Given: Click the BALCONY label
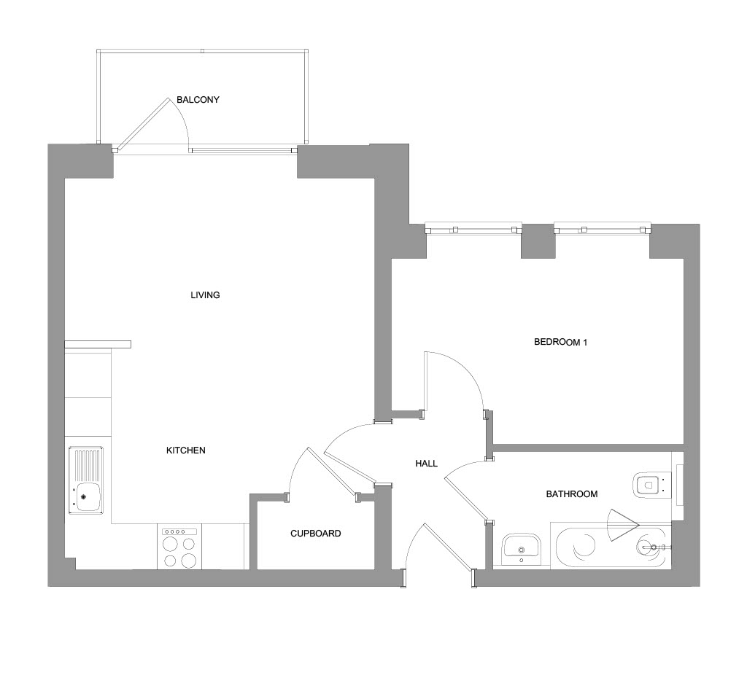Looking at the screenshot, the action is point(198,99).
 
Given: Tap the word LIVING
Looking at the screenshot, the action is point(205,295).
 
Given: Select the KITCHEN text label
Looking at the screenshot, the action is point(186,450).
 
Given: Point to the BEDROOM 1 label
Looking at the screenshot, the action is point(560,343).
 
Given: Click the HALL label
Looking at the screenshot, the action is point(426,464).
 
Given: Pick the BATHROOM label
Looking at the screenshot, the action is point(572,494).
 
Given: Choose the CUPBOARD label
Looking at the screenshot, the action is point(316,534).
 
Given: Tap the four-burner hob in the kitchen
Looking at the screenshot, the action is point(179,547).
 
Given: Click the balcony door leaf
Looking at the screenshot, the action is point(142,123).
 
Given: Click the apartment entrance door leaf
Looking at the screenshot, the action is point(448,547).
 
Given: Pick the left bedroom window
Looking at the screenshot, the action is point(473,229).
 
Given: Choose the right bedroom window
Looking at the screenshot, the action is point(603,229).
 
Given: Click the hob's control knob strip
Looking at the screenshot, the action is point(179,531).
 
